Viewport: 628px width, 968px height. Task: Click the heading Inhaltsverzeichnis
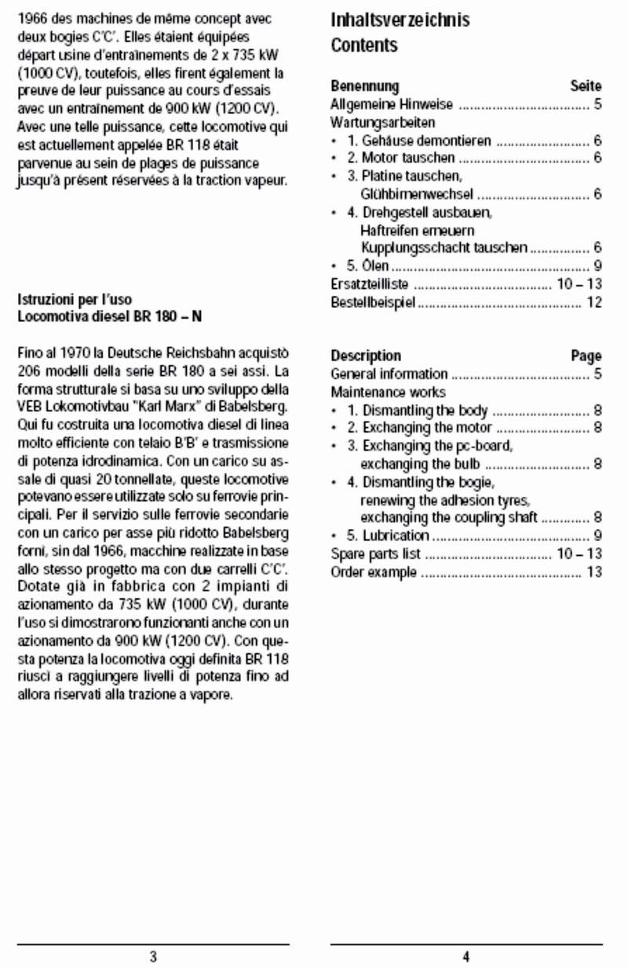tap(400, 20)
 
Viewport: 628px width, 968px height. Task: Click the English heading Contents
tap(364, 46)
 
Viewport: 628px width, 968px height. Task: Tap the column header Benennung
tap(364, 86)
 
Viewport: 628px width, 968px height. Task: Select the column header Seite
tap(586, 86)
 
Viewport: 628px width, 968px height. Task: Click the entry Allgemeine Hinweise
tap(382, 104)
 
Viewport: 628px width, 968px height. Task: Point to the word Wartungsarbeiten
tap(382, 122)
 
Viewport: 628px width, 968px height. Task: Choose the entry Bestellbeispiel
tap(372, 302)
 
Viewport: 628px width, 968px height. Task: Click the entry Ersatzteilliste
tap(370, 284)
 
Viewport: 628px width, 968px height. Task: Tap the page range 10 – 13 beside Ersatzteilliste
tap(579, 284)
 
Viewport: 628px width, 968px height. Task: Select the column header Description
tap(366, 356)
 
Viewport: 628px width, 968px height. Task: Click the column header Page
tap(586, 356)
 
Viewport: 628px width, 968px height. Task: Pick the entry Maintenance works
tap(388, 392)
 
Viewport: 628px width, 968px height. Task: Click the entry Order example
tap(374, 572)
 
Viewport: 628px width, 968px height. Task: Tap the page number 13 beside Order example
tap(594, 572)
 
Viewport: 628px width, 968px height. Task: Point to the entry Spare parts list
tap(375, 554)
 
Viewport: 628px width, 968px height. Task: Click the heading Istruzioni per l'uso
tap(75, 300)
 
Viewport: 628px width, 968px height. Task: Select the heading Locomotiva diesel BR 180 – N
tap(104, 317)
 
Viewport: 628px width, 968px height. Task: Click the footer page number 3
tap(153, 956)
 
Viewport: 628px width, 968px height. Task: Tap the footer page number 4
tap(466, 956)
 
